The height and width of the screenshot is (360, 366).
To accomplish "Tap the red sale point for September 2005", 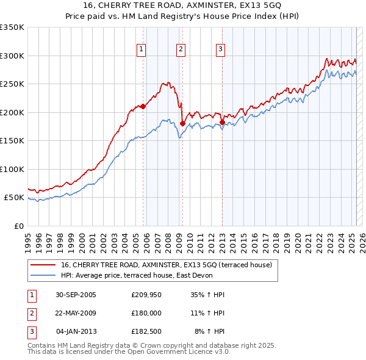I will coord(143,106).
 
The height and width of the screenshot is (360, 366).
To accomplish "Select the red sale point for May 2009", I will coord(182,123).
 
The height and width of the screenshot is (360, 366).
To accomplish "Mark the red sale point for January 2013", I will coord(222,122).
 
